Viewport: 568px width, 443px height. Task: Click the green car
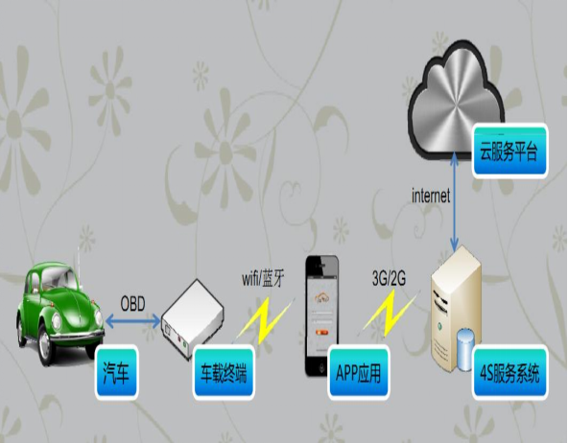coord(60,313)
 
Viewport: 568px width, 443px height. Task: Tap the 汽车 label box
coord(117,372)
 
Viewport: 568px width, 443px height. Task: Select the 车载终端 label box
coord(224,372)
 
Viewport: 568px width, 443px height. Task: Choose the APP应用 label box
coord(359,372)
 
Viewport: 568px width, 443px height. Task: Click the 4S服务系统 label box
coord(510,372)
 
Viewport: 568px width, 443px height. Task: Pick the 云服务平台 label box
coord(509,151)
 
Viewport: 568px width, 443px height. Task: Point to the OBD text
coord(132,303)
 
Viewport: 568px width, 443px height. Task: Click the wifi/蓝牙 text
coord(263,279)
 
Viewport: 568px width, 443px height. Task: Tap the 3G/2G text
coord(389,278)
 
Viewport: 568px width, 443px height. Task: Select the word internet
coord(431,196)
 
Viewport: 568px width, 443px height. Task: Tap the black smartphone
coord(322,315)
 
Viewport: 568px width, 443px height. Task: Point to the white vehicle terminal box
coord(192,319)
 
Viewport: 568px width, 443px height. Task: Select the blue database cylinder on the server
coord(465,349)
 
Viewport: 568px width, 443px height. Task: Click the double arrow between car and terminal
coord(133,321)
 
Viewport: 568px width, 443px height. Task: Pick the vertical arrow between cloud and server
coord(454,202)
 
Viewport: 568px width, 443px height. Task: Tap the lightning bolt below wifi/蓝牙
coord(265,320)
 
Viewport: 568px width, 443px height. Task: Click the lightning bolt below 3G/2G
coord(390,314)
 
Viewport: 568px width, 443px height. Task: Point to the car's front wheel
coord(46,346)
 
